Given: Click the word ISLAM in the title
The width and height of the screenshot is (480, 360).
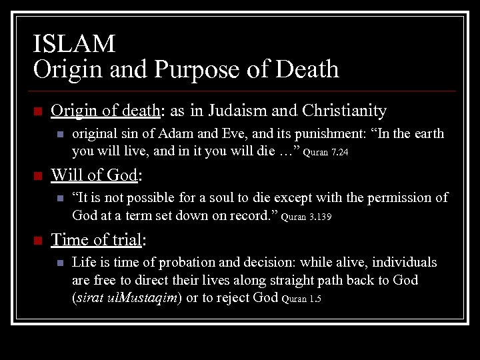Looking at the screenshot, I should click(x=74, y=44).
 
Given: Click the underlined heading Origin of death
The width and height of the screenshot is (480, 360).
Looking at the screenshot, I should click(x=104, y=110).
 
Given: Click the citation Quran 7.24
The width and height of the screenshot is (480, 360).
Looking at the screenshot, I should click(x=326, y=153).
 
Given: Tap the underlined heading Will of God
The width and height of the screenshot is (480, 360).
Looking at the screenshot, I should click(x=94, y=175).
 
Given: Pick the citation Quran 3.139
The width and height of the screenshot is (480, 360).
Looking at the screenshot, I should click(x=308, y=217).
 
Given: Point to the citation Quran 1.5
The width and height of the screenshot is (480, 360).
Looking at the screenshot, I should click(x=301, y=299).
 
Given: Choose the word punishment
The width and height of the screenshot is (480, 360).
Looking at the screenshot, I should click(x=323, y=134).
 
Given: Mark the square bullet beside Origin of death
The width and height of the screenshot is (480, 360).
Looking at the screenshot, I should click(x=37, y=111).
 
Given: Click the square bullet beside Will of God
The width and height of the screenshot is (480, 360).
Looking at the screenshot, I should click(x=37, y=176).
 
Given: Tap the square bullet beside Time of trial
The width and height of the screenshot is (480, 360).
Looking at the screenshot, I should click(x=37, y=240).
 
